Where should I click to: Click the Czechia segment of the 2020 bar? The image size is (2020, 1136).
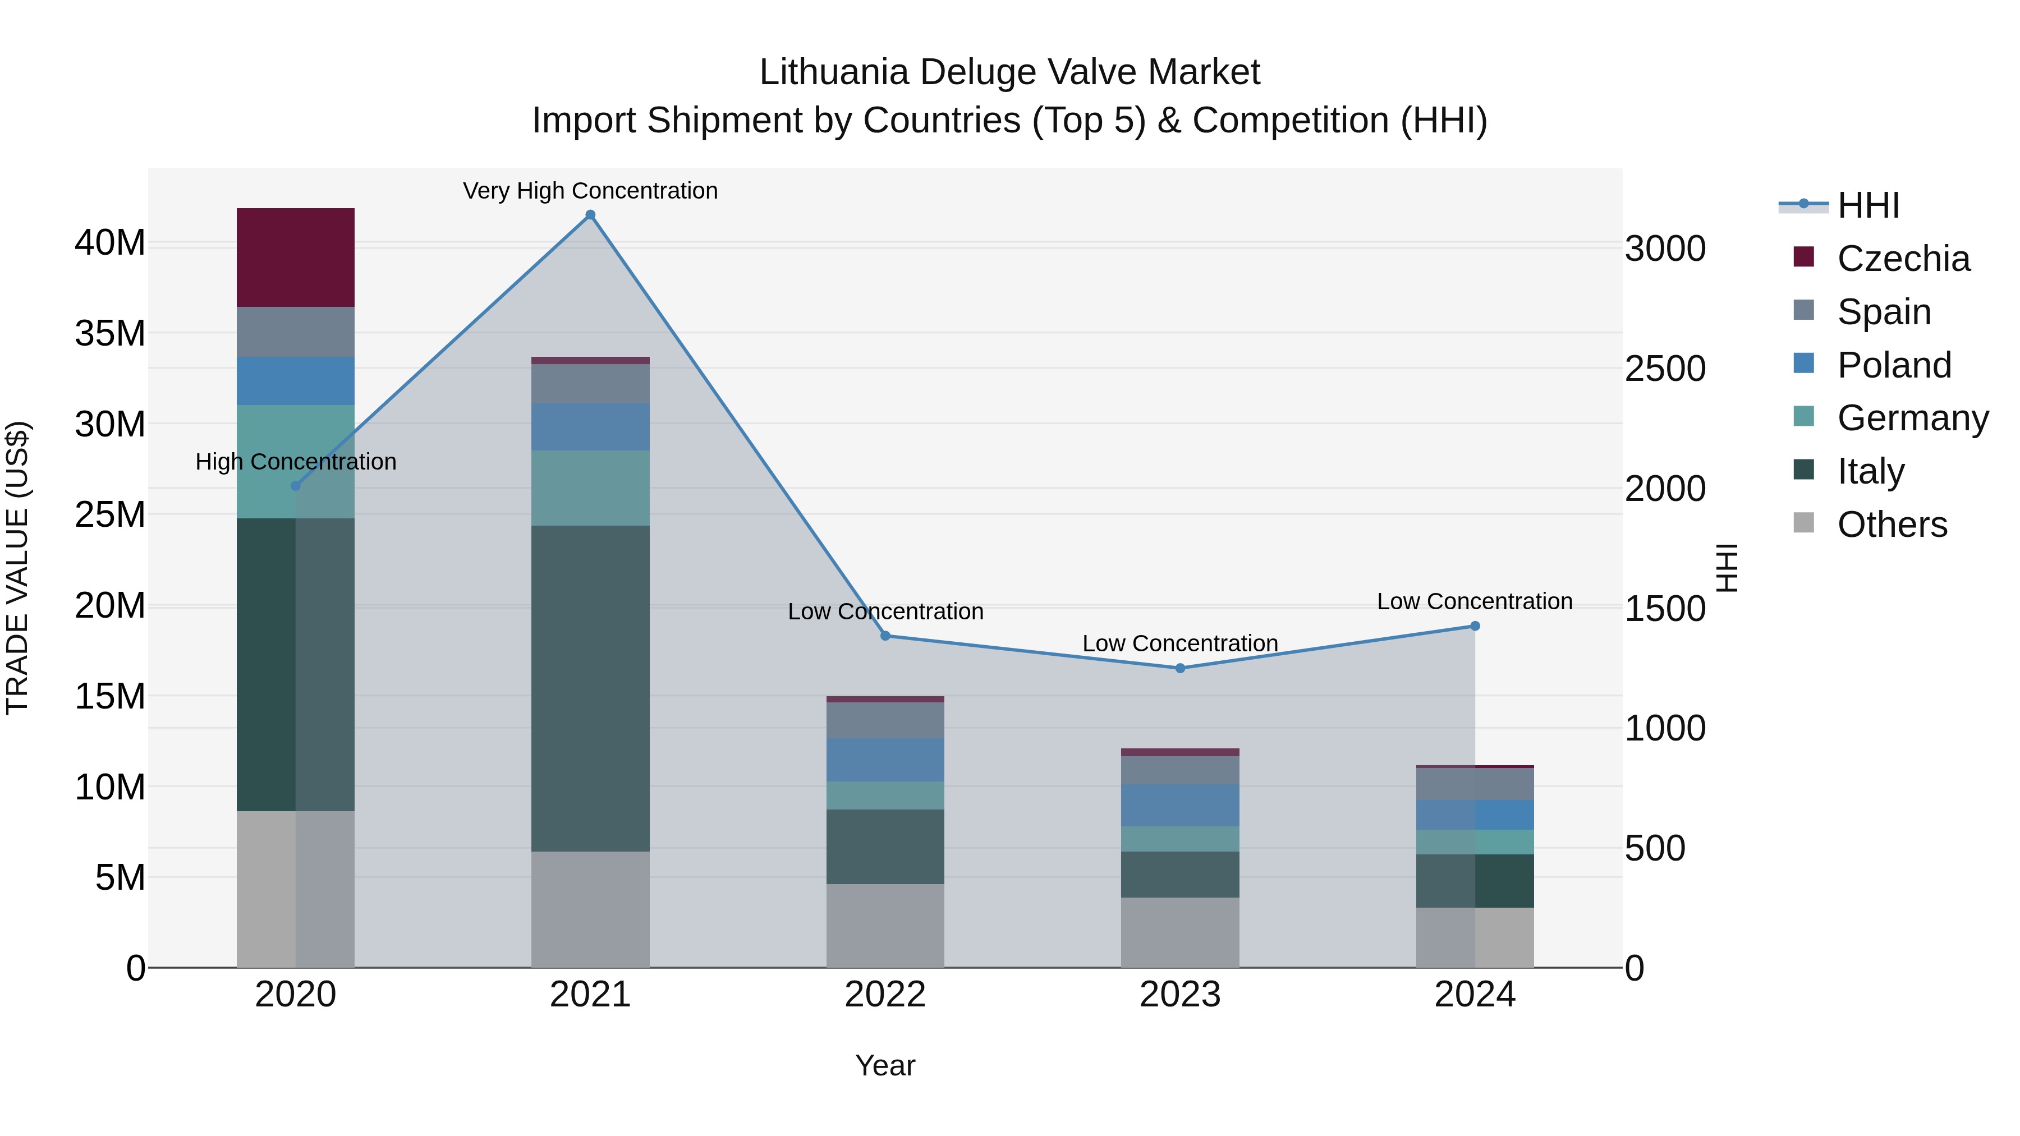296,257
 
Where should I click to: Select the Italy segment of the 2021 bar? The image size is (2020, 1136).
590,688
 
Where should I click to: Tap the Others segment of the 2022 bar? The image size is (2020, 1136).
885,925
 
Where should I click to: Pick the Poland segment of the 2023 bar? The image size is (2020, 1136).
1180,804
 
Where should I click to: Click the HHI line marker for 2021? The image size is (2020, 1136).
590,215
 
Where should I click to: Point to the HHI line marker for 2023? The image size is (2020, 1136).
1180,668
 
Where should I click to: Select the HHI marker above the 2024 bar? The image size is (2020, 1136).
1475,626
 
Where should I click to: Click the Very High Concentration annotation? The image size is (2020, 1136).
590,191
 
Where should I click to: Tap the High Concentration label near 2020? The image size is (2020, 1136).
296,462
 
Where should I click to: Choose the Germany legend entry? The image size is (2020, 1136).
1913,418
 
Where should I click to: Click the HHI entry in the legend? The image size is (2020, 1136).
1868,205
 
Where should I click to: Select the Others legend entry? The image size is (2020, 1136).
1892,525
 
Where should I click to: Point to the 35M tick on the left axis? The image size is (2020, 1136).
110,333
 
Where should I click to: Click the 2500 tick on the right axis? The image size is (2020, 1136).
1665,369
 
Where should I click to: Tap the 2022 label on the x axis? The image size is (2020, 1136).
885,995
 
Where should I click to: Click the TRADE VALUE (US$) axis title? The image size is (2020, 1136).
17,568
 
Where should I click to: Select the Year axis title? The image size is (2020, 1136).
885,1065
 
